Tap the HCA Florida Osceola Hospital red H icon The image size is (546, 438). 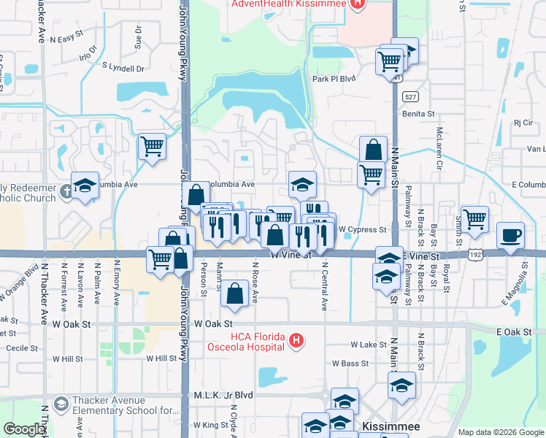tap(296, 340)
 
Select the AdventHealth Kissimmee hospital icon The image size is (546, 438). tap(357, 4)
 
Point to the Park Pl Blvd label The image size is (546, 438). tap(334, 79)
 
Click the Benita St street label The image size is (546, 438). tap(418, 114)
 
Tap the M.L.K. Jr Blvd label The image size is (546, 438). tap(223, 395)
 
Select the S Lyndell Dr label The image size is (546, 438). tap(123, 67)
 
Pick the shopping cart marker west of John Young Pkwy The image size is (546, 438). tap(152, 146)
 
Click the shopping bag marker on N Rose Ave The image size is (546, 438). tap(235, 293)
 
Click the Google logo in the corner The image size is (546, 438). tap(24, 429)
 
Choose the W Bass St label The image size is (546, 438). tap(347, 363)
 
